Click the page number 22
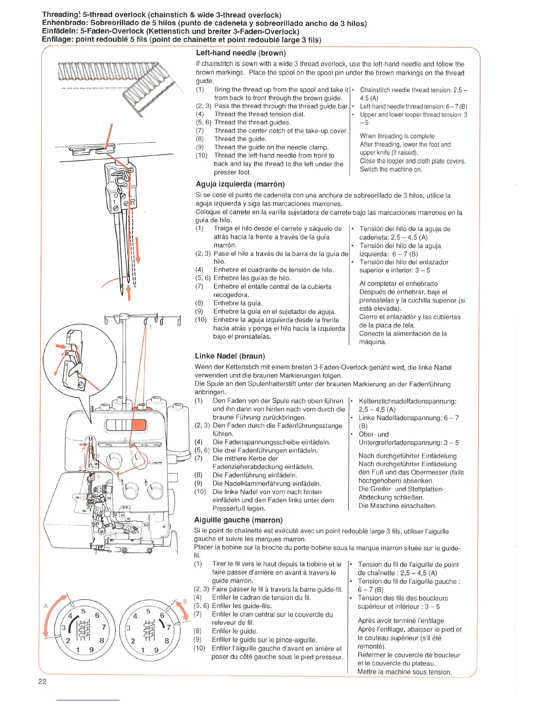42,682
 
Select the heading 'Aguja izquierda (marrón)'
240,184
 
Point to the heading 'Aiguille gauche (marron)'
238,520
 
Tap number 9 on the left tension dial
91,649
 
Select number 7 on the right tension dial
168,628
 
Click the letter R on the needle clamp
132,203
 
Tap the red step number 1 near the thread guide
150,328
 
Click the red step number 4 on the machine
149,462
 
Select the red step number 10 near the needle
82,498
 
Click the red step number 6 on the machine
98,456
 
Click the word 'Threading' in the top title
60,15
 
